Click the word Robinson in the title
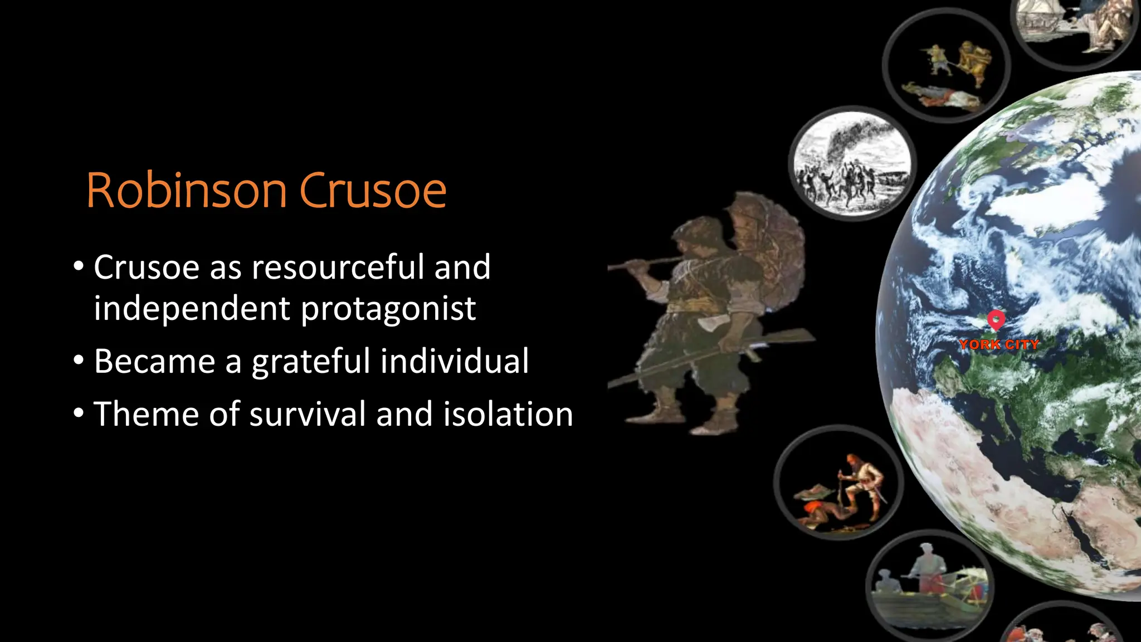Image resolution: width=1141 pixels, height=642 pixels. [x=187, y=191]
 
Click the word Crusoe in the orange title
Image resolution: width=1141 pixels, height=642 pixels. [x=373, y=191]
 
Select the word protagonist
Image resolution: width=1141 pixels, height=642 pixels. [x=388, y=309]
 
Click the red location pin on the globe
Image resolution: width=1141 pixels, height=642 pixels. [x=996, y=320]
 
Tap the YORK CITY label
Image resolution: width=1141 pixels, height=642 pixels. [x=999, y=344]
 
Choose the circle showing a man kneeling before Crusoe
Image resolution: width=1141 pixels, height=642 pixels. [x=838, y=483]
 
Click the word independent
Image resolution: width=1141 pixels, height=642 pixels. [x=192, y=309]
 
